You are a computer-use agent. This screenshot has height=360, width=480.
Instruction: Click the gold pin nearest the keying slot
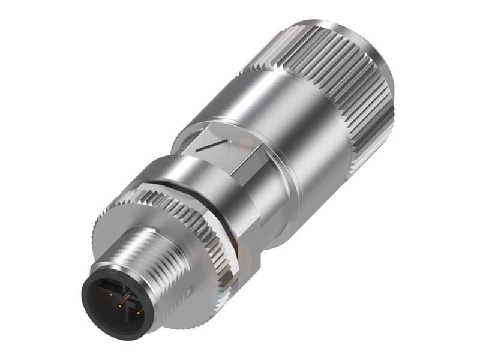111,295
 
